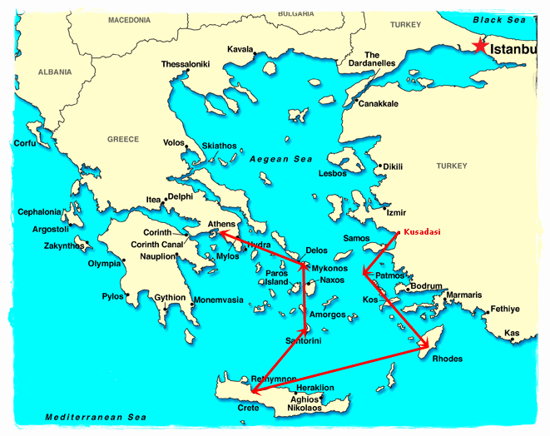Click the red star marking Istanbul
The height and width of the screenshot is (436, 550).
[478, 47]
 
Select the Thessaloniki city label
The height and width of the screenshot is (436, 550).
[185, 64]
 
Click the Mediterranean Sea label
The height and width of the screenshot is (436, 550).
[84, 417]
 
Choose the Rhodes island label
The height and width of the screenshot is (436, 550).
[447, 359]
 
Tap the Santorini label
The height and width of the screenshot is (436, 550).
[304, 341]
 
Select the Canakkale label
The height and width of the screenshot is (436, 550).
[378, 104]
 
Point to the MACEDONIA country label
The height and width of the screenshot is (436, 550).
[130, 19]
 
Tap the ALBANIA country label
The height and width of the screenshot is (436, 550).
[55, 72]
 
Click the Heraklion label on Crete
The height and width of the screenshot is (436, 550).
[315, 388]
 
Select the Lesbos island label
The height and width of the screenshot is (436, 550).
[332, 174]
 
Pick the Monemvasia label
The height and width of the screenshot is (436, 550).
[218, 300]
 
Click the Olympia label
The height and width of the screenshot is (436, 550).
[105, 264]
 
